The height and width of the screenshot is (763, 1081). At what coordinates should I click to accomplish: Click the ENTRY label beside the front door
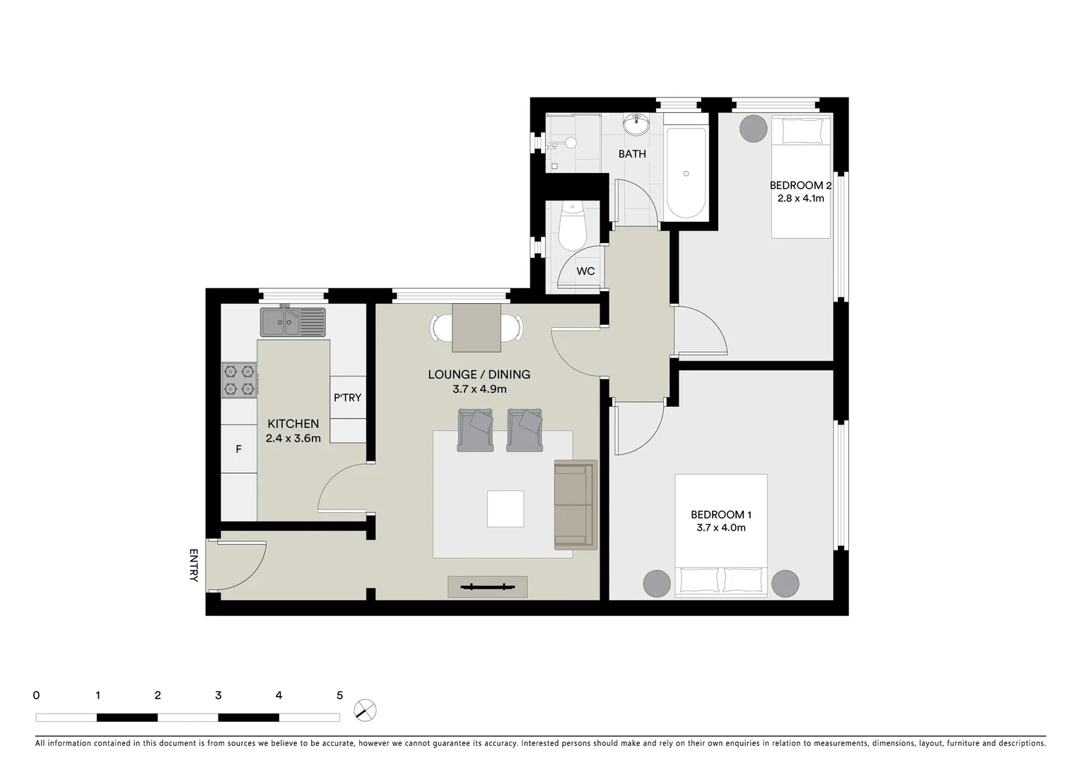[194, 565]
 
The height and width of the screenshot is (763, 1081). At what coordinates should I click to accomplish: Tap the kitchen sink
[293, 322]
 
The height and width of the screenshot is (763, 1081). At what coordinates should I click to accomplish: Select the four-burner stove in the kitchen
[239, 380]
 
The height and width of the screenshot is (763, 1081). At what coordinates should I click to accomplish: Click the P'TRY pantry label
[347, 398]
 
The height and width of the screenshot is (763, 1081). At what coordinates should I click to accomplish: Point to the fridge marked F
[239, 449]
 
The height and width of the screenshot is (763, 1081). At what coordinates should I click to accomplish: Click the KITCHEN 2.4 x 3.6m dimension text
[293, 438]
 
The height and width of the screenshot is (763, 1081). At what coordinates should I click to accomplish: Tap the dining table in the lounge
[477, 328]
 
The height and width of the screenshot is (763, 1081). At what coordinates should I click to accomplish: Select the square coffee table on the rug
[506, 509]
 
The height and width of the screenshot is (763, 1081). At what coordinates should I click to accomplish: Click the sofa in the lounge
[575, 504]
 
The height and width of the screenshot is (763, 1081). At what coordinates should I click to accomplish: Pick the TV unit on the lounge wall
[487, 586]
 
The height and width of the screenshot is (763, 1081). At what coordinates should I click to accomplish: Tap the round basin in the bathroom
[637, 125]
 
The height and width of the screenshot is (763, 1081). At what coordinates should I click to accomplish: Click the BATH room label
[632, 154]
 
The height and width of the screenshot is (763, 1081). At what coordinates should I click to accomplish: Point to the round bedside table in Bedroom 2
[753, 129]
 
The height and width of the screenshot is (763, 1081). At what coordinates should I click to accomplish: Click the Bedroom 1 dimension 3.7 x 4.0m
[718, 528]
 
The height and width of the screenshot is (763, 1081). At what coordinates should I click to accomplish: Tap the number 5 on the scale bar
[339, 695]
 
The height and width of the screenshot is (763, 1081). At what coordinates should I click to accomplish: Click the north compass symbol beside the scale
[366, 710]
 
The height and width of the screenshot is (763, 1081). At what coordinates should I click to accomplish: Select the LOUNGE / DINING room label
[479, 374]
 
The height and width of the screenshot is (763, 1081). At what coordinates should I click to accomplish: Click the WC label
[585, 271]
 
